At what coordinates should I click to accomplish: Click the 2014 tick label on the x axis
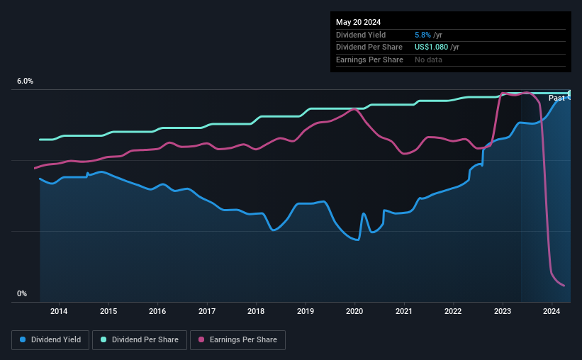point(59,311)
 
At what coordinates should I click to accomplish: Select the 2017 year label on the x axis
point(207,311)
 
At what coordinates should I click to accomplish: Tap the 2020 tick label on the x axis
point(354,311)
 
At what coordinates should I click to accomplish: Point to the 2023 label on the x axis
point(503,311)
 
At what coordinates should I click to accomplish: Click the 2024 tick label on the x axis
point(552,311)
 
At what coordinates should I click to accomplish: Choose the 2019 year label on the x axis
point(306,311)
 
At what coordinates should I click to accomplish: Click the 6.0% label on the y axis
point(25,81)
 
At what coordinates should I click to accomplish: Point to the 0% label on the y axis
point(22,293)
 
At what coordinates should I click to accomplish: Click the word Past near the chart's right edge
point(556,98)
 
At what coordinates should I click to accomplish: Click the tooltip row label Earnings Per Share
point(369,60)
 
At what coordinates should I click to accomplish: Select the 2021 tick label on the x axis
point(404,311)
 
